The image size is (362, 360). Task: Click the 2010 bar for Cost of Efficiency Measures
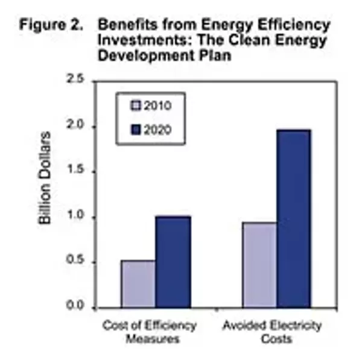click(x=138, y=284)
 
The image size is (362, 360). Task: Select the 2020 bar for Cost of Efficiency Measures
click(x=173, y=262)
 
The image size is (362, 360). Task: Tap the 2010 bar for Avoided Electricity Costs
click(x=259, y=265)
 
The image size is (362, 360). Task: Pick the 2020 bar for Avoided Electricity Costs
click(x=294, y=218)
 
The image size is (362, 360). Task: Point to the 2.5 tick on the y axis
click(x=77, y=80)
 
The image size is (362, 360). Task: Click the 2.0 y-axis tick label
click(x=77, y=127)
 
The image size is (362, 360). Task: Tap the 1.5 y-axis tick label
click(x=77, y=172)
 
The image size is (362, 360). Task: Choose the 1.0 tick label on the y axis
click(x=77, y=217)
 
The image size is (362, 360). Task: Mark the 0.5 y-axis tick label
click(x=77, y=262)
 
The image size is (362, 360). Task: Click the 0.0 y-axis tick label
click(x=77, y=308)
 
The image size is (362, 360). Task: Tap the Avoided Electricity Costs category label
click(x=272, y=332)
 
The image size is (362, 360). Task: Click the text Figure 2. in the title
click(x=51, y=26)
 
